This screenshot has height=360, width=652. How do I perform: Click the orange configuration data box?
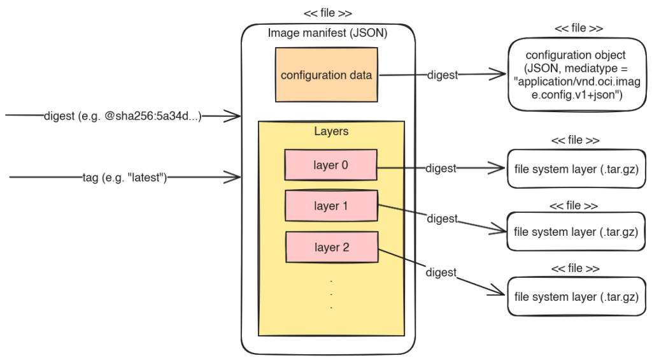(x=327, y=75)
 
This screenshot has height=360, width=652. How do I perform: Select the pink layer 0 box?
(x=330, y=165)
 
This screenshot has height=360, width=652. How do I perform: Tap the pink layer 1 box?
(x=331, y=206)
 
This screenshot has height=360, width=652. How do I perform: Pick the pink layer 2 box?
(x=332, y=247)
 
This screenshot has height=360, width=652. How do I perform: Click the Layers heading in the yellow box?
(x=331, y=131)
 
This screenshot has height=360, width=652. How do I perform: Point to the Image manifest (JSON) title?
(x=328, y=33)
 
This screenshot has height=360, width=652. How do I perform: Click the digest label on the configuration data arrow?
(x=443, y=75)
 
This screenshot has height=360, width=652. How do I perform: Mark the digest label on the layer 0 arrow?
(x=441, y=169)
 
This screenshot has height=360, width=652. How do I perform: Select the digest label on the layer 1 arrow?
(x=442, y=219)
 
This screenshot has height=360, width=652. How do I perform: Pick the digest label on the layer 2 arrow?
(x=441, y=272)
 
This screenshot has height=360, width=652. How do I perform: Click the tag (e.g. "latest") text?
(x=125, y=177)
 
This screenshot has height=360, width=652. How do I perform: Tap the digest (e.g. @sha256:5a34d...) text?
(x=122, y=116)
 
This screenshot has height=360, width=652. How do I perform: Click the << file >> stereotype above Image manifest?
(x=328, y=13)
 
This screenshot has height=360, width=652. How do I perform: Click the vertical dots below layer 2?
(x=331, y=294)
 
